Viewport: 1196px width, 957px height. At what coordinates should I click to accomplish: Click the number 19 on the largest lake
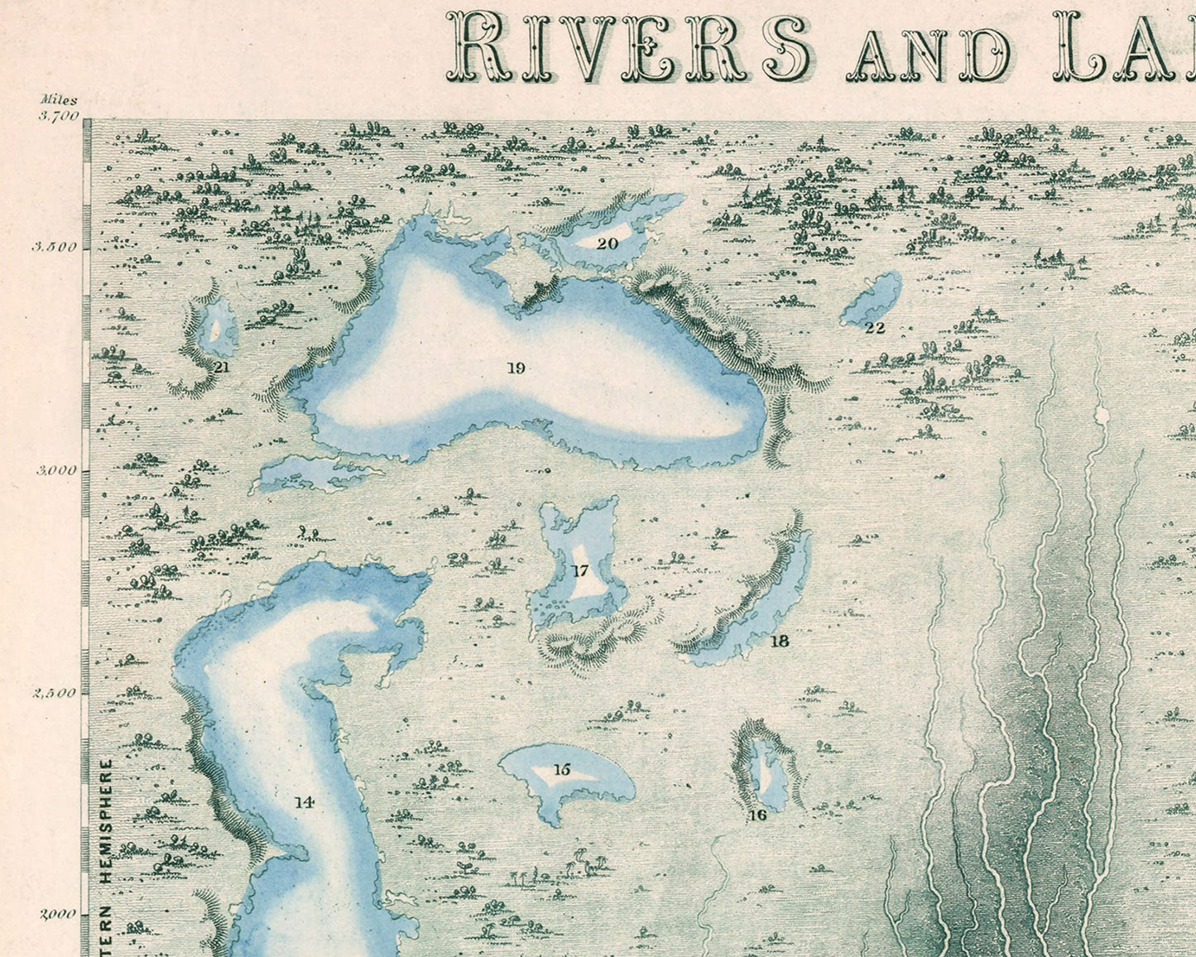click(516, 368)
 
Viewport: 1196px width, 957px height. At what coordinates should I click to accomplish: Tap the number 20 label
click(608, 243)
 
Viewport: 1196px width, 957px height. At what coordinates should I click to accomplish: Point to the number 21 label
click(221, 366)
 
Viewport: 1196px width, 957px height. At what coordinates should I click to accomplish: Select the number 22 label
click(875, 328)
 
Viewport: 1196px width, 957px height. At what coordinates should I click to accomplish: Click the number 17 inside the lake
click(579, 570)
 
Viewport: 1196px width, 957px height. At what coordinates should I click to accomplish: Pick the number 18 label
click(779, 641)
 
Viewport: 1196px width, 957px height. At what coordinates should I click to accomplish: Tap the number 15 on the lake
click(562, 770)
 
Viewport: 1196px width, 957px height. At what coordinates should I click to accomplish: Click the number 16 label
click(757, 815)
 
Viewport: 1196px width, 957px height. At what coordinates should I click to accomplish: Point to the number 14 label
click(304, 801)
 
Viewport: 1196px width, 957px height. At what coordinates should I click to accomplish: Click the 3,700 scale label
click(57, 116)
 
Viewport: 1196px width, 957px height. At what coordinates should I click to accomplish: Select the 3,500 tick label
click(55, 247)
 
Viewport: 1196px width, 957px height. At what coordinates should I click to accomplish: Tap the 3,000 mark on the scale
click(56, 470)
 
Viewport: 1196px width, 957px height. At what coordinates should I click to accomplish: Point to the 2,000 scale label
click(57, 914)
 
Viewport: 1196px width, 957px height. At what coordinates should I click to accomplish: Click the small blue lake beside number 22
click(873, 298)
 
